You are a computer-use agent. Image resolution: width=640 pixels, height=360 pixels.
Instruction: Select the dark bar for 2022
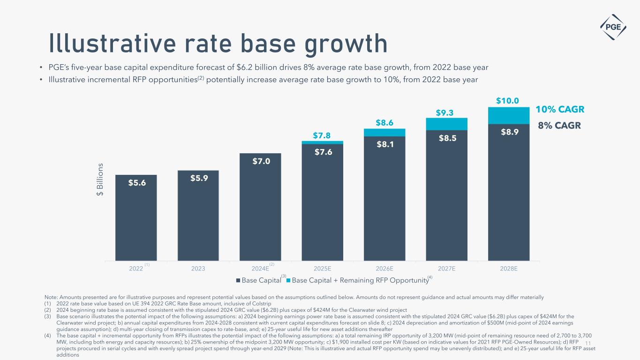[136, 218]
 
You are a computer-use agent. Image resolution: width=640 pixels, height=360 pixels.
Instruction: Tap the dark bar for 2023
[198, 216]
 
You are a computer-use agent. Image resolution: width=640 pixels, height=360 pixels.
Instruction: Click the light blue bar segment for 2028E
[509, 115]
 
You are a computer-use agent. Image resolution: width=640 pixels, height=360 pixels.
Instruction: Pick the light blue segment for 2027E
[446, 124]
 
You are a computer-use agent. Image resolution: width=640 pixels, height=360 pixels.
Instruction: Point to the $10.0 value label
[508, 101]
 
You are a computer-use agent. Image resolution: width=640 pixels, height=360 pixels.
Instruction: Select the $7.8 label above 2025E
[322, 135]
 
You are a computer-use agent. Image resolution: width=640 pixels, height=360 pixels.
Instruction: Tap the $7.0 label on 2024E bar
[260, 161]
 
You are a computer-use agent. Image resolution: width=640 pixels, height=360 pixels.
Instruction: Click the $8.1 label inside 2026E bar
[384, 144]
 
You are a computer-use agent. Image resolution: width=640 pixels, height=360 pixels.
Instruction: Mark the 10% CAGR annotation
[560, 110]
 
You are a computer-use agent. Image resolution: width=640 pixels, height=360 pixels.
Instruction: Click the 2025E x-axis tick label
[322, 269]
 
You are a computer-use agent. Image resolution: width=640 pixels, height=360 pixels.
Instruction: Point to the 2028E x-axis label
[508, 269]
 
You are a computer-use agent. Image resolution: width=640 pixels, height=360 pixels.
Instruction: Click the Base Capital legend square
[238, 281]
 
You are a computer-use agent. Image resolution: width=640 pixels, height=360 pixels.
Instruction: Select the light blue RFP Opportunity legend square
[288, 281]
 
